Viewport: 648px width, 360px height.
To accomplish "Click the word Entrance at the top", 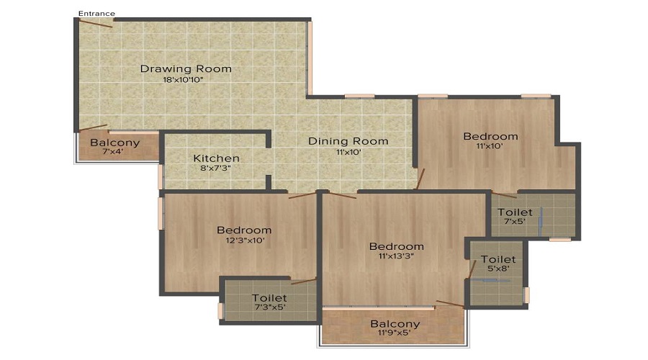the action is [96, 13].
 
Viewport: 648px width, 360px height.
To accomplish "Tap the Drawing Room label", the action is [186, 68].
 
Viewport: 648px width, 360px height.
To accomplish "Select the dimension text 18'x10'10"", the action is [184, 80].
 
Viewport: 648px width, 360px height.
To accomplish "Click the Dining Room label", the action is [348, 141].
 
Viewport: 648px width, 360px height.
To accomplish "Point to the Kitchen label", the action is [217, 158].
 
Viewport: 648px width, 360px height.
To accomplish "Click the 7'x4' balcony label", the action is [113, 151].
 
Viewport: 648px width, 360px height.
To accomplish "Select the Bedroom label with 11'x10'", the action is [490, 136].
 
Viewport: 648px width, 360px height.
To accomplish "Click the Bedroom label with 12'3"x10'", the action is [244, 230].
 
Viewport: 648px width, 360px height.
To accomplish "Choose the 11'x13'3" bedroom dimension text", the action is [396, 256].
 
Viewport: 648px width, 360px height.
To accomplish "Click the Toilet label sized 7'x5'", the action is [515, 212].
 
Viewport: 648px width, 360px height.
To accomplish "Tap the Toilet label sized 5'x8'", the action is [498, 260].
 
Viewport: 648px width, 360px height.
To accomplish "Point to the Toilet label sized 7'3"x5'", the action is [269, 298].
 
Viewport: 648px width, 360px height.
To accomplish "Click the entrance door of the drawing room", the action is [96, 24].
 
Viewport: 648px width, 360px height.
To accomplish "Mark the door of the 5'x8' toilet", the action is [472, 269].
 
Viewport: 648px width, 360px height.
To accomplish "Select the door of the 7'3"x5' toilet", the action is [304, 281].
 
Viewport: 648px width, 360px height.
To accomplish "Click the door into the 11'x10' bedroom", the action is [420, 179].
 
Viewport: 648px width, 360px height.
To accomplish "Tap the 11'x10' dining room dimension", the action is [348, 152].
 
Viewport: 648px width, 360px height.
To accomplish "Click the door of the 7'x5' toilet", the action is [504, 195].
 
